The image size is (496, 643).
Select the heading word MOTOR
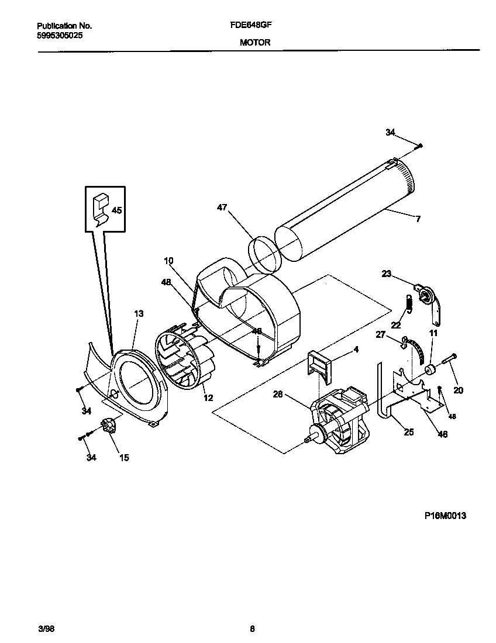[255, 43]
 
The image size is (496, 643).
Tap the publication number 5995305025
[60, 35]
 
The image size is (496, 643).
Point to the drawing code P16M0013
[445, 516]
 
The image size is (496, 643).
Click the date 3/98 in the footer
[45, 629]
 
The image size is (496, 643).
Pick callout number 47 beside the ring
[222, 208]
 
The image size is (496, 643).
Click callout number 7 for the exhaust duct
[418, 219]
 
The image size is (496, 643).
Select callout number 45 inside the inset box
[117, 210]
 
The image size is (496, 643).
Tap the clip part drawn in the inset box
[101, 209]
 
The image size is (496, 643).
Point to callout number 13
[138, 314]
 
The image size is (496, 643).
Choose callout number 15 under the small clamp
[124, 458]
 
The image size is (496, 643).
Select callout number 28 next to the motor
[277, 395]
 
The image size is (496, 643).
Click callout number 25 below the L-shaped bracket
[408, 432]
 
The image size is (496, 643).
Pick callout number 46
[442, 434]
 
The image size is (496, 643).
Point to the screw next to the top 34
[419, 145]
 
